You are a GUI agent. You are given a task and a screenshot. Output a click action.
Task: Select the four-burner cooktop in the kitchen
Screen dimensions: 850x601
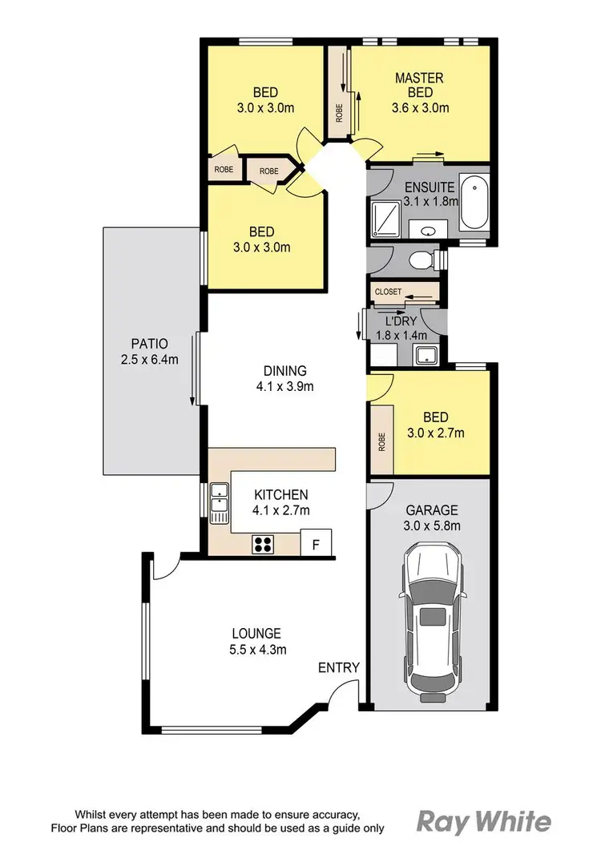click(263, 545)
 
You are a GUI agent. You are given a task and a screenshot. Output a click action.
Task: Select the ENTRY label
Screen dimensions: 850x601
click(338, 667)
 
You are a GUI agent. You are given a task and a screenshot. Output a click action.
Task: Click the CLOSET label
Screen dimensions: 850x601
click(388, 292)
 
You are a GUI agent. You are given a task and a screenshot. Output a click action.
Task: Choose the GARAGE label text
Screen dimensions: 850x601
click(431, 510)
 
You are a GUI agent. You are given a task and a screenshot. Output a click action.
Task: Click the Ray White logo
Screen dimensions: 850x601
click(484, 822)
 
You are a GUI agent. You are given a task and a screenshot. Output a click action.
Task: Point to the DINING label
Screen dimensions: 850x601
click(284, 371)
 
